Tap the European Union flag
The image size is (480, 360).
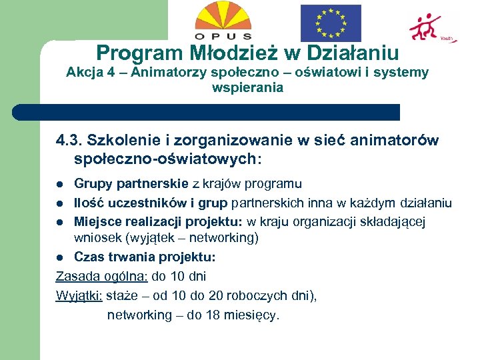pos(330,23)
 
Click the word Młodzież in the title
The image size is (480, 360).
pos(222,53)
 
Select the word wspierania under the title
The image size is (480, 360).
pos(247,87)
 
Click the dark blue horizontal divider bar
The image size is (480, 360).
pos(207,112)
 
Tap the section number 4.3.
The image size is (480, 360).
pos(69,141)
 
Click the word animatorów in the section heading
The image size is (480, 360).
pos(398,141)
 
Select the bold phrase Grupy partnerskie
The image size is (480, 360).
pos(132,183)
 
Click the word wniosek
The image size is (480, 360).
pos(96,237)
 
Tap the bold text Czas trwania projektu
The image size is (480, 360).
pos(145,257)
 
